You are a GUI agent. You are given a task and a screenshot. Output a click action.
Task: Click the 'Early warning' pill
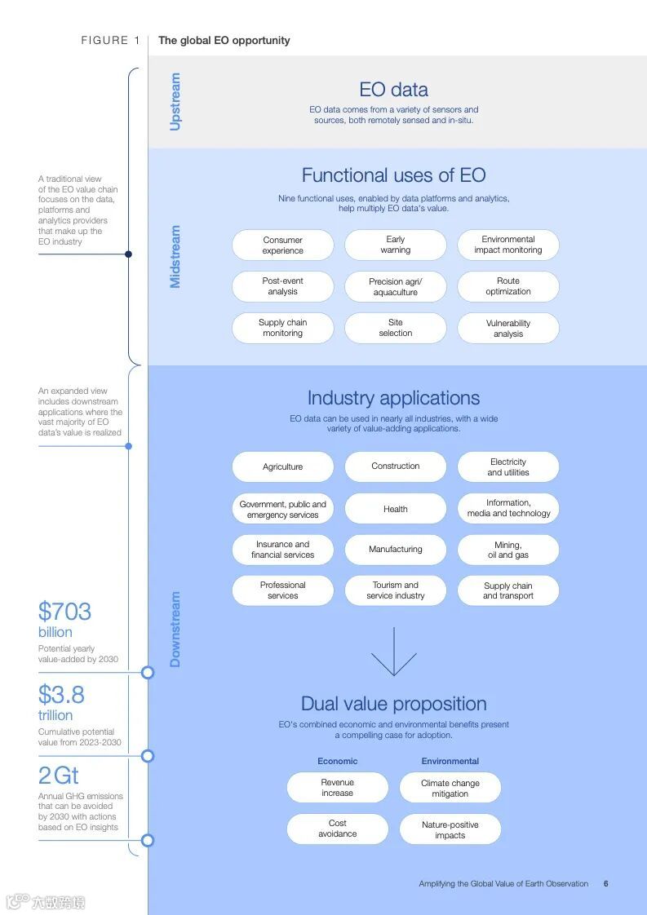[395, 245]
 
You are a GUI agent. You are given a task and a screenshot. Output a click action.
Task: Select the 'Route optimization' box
[507, 286]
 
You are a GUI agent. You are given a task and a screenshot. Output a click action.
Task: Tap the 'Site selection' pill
[395, 328]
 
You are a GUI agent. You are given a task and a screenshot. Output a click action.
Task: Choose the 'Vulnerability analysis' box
[507, 328]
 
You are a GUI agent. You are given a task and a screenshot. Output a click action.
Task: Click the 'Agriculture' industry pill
[282, 467]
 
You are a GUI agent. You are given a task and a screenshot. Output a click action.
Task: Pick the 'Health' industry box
[395, 509]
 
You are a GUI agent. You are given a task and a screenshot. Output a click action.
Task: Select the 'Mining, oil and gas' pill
[507, 550]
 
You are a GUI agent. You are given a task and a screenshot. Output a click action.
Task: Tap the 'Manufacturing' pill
[395, 550]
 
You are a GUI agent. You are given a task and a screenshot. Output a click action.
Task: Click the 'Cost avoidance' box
[337, 829]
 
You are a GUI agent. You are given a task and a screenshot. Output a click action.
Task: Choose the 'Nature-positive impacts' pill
[450, 829]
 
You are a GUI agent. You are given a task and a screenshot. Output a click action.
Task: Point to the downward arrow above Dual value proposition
[394, 652]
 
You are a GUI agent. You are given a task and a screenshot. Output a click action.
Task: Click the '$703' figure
[64, 612]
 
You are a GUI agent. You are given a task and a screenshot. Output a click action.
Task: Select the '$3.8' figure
[61, 695]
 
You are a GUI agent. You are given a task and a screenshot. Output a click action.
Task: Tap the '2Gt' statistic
[59, 776]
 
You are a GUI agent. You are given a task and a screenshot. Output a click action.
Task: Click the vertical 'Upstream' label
[175, 102]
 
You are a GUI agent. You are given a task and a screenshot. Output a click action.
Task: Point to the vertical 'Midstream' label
[175, 257]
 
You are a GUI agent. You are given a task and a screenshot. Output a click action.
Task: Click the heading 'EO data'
[393, 90]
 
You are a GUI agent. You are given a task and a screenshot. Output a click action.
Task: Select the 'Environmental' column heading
[450, 761]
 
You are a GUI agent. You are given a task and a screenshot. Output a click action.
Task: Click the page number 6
[605, 883]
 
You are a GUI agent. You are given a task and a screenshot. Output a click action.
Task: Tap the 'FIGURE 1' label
[110, 40]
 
